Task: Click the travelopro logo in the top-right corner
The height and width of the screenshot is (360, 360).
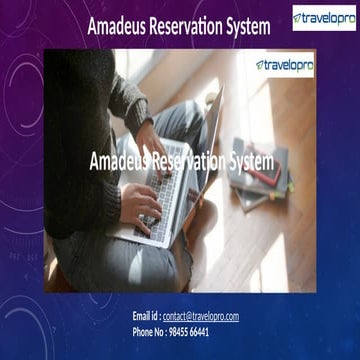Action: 324,18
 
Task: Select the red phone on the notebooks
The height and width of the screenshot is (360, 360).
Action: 273,171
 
